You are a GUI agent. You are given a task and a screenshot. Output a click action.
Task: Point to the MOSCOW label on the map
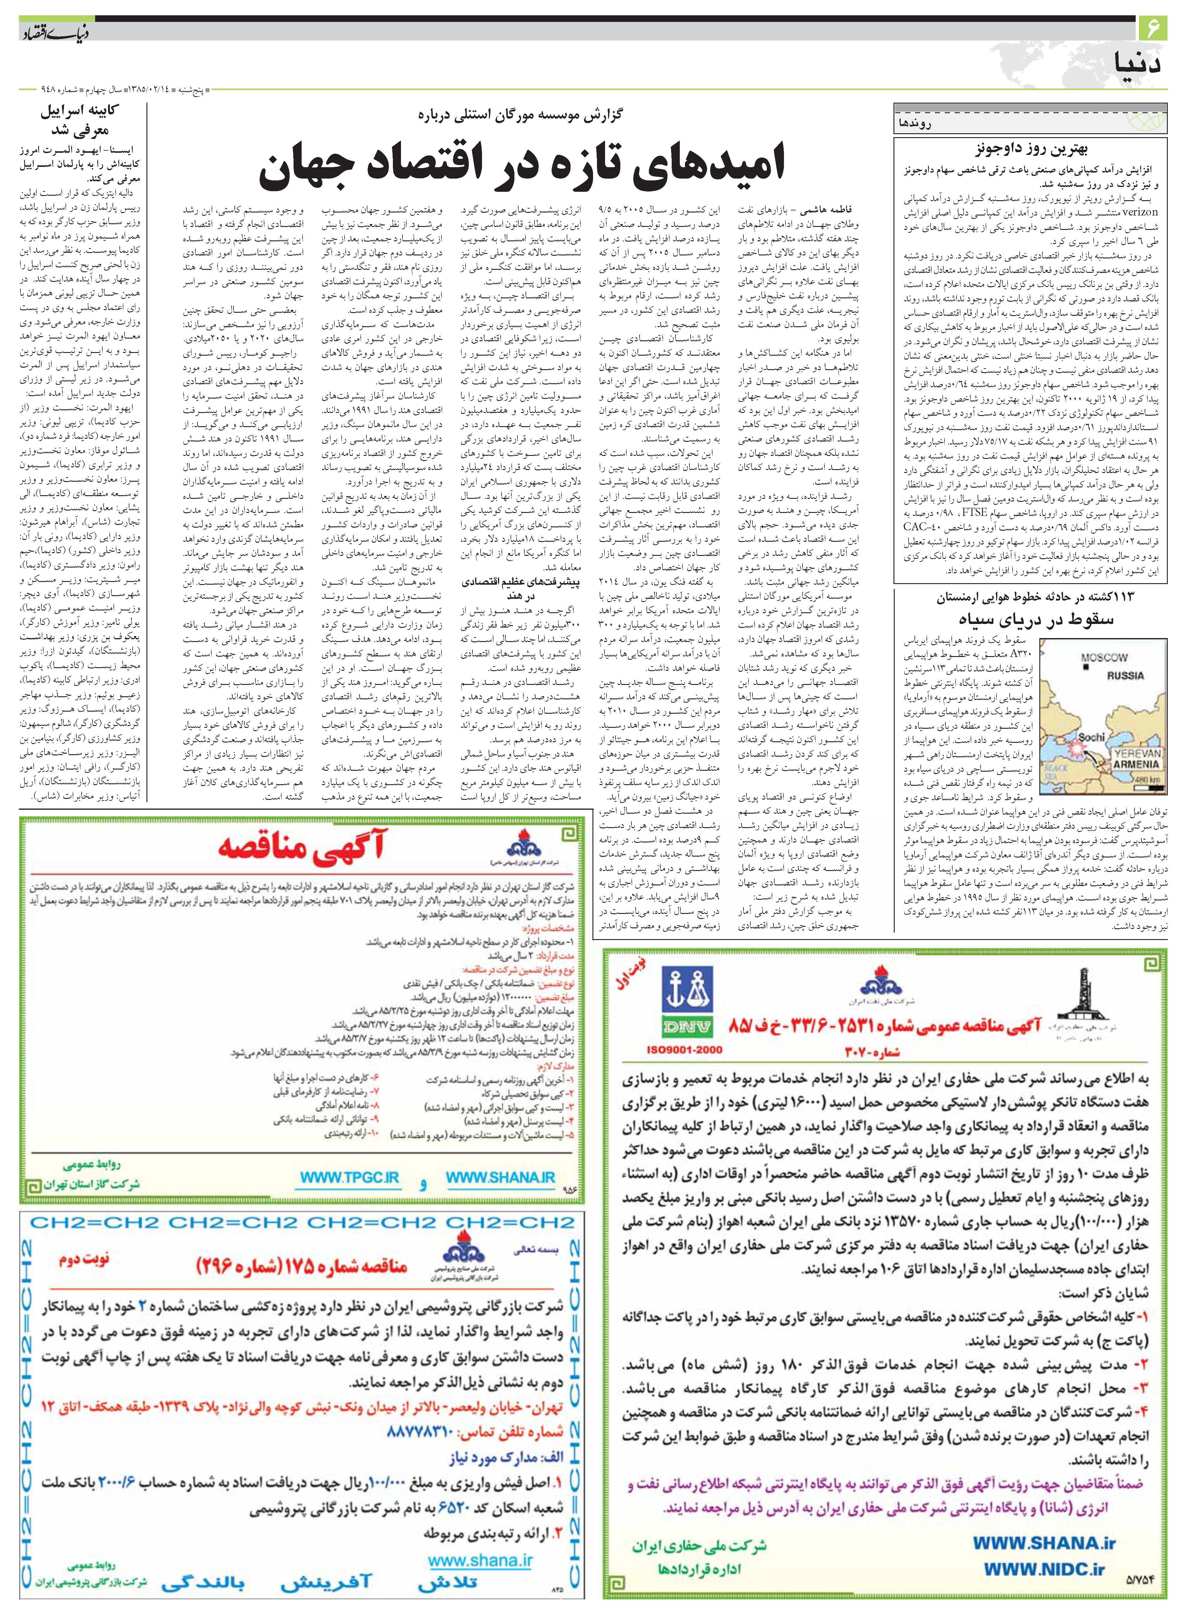click(1104, 657)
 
